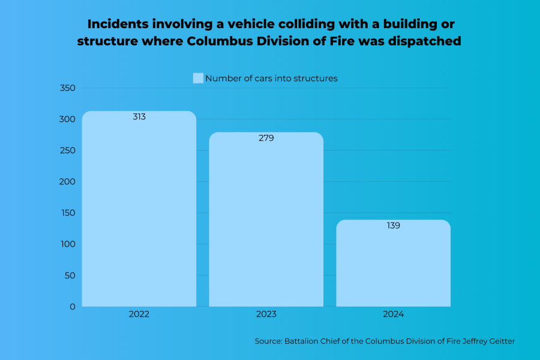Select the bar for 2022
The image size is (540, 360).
pyautogui.click(x=139, y=210)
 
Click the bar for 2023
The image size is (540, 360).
pyautogui.click(x=266, y=222)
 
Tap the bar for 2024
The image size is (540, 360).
pyautogui.click(x=393, y=264)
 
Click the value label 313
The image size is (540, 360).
pyautogui.click(x=139, y=117)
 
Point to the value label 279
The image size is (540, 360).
pyautogui.click(x=266, y=138)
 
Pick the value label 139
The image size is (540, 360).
pyautogui.click(x=393, y=226)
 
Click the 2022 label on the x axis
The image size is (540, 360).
pyautogui.click(x=139, y=314)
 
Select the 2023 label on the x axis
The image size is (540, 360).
pyautogui.click(x=266, y=314)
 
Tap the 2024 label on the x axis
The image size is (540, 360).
pyautogui.click(x=393, y=314)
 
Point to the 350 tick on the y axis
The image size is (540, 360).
pyautogui.click(x=68, y=88)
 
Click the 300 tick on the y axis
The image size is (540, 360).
pyautogui.click(x=68, y=119)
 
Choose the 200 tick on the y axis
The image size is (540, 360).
pyautogui.click(x=68, y=182)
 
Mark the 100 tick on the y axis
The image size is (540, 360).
pyautogui.click(x=68, y=244)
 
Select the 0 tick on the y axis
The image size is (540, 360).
pyautogui.click(x=73, y=307)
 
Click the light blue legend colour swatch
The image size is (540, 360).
pyautogui.click(x=198, y=78)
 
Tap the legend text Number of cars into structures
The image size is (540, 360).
pyautogui.click(x=271, y=78)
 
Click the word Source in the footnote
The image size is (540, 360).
pyautogui.click(x=268, y=341)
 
